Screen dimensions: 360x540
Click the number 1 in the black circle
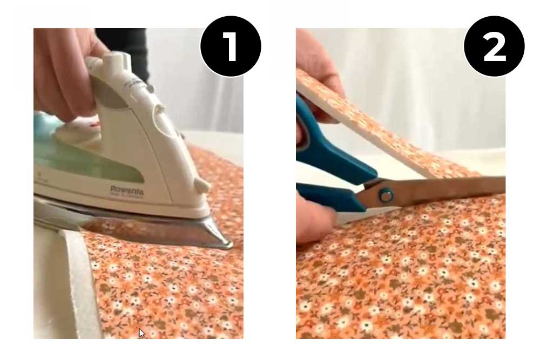231,46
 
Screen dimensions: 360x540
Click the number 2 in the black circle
494,46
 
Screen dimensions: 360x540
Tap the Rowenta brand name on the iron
127,191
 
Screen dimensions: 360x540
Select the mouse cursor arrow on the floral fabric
141,332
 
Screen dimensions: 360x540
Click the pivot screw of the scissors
386,195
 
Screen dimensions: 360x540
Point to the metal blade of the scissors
448,189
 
